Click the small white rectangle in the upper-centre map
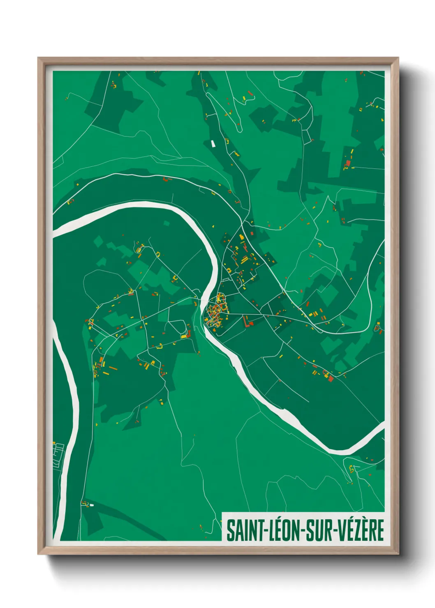(x=213, y=143)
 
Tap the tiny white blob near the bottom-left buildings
(x=91, y=505)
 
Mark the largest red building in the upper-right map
(x=348, y=164)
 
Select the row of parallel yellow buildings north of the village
(x=245, y=260)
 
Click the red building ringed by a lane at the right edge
(x=377, y=328)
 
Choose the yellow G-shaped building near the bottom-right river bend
(x=352, y=468)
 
